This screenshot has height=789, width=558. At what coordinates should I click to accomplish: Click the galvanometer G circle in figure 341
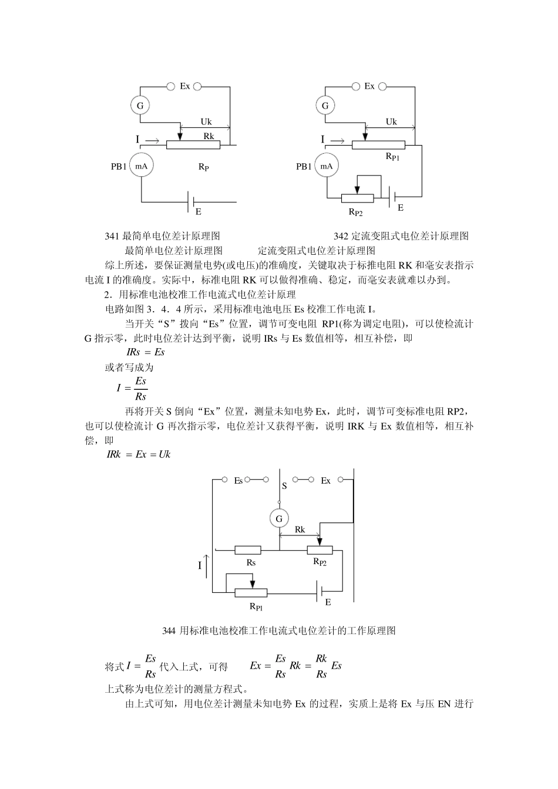click(x=140, y=106)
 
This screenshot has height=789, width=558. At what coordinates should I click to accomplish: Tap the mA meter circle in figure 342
click(x=326, y=166)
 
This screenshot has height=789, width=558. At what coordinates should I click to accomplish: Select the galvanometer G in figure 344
click(x=279, y=518)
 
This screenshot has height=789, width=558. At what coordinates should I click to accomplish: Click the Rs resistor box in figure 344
click(x=248, y=550)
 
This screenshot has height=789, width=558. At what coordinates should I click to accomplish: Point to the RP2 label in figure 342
click(x=355, y=213)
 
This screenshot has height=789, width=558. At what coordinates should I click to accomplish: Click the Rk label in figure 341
click(x=209, y=136)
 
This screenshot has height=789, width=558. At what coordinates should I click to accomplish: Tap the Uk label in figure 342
click(x=391, y=122)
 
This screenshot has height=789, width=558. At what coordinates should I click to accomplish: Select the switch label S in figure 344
click(x=284, y=486)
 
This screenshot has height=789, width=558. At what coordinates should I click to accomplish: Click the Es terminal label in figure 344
click(x=238, y=481)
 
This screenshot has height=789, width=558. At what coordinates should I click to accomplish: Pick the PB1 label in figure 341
click(x=119, y=167)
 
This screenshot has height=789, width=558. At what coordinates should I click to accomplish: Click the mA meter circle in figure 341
click(x=141, y=166)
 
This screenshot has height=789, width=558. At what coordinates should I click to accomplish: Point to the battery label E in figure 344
click(x=328, y=602)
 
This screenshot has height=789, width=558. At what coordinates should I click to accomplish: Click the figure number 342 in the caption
click(x=341, y=236)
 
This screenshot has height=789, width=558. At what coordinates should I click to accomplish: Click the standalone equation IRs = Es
click(x=146, y=352)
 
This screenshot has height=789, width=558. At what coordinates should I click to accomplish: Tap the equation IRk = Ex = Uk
click(x=139, y=454)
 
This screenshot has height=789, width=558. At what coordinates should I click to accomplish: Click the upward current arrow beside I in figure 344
click(x=207, y=565)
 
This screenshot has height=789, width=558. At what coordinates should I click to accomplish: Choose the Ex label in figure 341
click(x=184, y=86)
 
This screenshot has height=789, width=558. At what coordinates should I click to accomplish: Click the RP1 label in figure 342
click(x=392, y=156)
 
